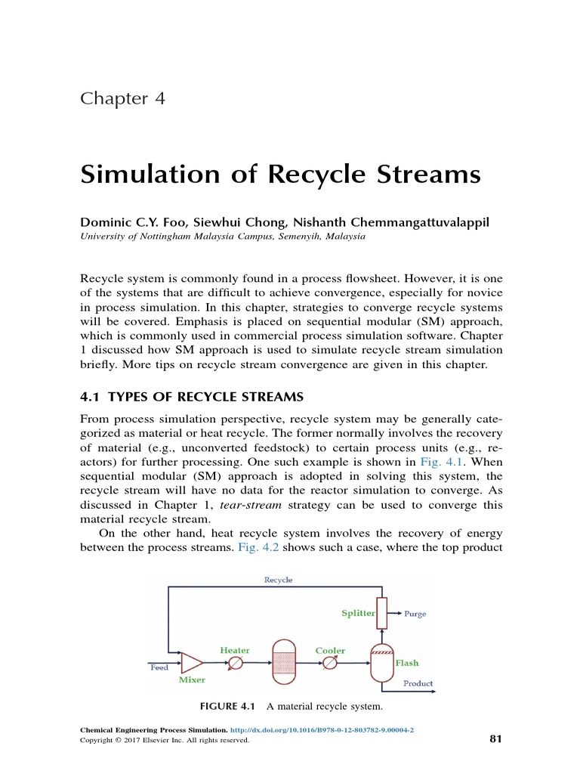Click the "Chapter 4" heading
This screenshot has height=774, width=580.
click(x=122, y=99)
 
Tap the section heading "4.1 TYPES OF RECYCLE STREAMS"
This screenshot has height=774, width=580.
click(x=192, y=398)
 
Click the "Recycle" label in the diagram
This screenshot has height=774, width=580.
click(x=278, y=580)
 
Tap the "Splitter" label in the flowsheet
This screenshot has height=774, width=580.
click(x=357, y=613)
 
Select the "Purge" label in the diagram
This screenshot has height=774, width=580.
click(x=415, y=614)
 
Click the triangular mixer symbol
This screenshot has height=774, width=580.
click(x=192, y=663)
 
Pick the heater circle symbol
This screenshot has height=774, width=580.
click(x=235, y=664)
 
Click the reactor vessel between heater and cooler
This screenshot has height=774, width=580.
click(x=282, y=664)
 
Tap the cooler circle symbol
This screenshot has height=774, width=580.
click(x=330, y=664)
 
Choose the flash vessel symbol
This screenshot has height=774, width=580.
click(x=381, y=663)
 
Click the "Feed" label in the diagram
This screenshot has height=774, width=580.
click(x=159, y=667)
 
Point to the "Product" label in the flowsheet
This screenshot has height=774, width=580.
click(x=418, y=683)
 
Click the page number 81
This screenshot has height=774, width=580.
click(x=495, y=738)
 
